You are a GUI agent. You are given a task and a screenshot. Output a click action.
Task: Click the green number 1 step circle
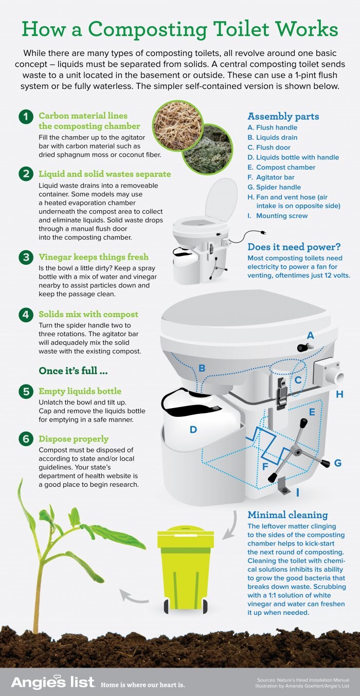click(26, 117)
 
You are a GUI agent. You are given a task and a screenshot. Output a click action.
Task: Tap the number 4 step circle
click(26, 315)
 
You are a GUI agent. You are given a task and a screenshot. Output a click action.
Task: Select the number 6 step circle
click(26, 439)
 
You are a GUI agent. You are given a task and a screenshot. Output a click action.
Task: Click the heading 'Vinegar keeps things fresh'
click(94, 257)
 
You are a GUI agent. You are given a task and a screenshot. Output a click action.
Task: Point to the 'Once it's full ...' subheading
click(73, 371)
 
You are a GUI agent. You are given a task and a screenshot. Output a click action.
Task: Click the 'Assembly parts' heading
click(283, 117)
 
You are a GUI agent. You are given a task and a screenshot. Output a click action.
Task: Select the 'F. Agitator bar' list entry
click(271, 177)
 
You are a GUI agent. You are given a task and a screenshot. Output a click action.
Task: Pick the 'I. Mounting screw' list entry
click(278, 216)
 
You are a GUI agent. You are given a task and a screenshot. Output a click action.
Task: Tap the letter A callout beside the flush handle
click(310, 336)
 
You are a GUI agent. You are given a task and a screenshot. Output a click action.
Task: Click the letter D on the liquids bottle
click(193, 430)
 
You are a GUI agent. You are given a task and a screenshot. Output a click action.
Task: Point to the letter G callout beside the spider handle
click(338, 463)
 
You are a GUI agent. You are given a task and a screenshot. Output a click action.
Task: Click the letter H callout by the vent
click(339, 395)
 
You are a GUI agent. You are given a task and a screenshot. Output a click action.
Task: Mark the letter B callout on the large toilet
click(202, 368)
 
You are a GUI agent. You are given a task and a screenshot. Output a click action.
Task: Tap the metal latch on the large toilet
click(281, 393)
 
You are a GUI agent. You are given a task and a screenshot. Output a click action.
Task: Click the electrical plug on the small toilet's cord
click(263, 233)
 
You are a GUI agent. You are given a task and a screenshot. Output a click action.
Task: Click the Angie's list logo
click(52, 682)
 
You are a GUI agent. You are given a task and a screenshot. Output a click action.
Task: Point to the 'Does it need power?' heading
click(294, 247)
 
